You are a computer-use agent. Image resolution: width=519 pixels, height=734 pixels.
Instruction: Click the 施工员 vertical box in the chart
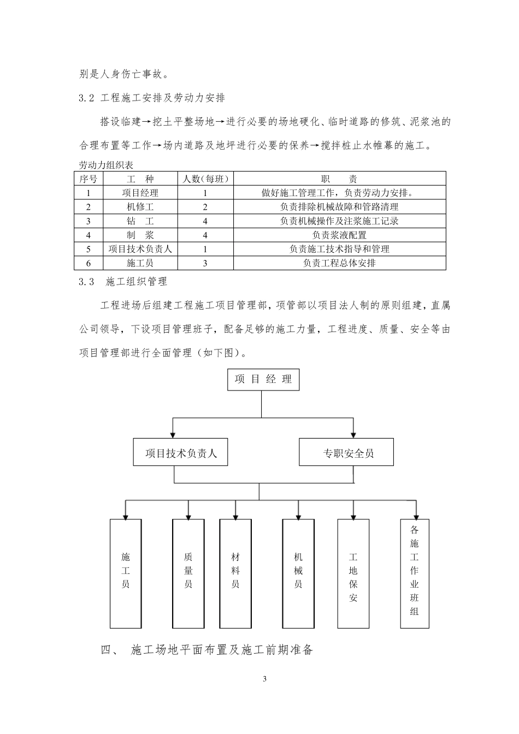(126, 573)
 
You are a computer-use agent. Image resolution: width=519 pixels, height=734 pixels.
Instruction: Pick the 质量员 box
(188, 573)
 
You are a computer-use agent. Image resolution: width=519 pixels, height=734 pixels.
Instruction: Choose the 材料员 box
(235, 573)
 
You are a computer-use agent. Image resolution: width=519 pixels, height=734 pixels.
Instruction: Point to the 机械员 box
(298, 573)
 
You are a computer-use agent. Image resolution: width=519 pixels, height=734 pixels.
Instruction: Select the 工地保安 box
(353, 573)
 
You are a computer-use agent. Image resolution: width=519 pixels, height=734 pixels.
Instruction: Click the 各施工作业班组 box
(415, 573)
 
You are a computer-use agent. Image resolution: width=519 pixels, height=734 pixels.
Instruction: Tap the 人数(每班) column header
(205, 179)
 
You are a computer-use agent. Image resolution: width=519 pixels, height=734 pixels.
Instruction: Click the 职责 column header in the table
(339, 179)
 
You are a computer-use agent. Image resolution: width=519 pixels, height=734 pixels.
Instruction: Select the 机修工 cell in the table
(140, 207)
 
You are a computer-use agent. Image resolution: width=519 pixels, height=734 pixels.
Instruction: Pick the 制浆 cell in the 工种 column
(140, 235)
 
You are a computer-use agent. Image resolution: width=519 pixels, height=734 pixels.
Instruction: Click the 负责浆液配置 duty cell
(339, 235)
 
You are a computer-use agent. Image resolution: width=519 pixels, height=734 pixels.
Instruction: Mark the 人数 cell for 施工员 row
(205, 263)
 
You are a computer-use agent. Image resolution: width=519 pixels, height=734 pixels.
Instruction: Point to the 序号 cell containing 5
(89, 249)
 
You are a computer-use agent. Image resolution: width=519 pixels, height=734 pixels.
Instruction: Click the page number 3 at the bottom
(264, 679)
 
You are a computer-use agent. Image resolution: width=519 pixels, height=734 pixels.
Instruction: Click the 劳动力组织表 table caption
(106, 164)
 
